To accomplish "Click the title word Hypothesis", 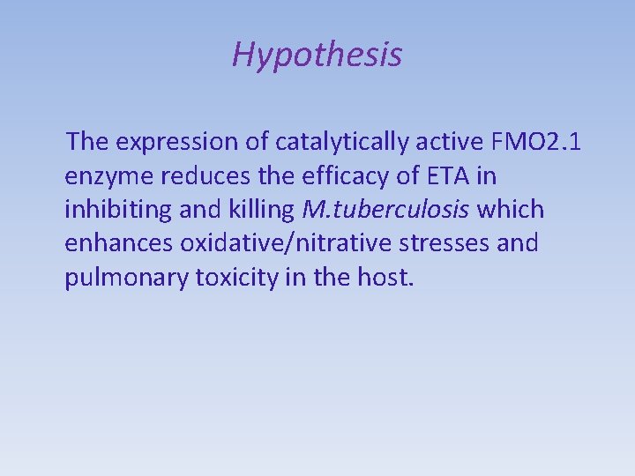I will (317, 56).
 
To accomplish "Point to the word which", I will (510, 210).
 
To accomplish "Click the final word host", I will (385, 277).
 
